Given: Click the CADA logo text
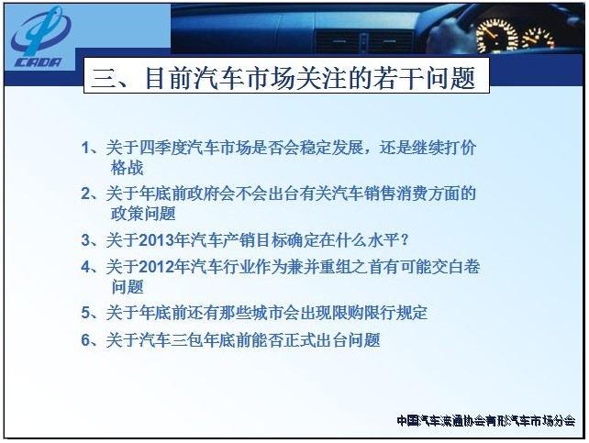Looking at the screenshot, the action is (38, 62).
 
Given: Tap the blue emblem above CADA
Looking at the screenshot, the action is (41, 31).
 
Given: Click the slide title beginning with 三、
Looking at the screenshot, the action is (283, 78).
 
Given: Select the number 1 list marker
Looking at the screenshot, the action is (85, 148).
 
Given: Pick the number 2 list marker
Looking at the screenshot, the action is (86, 194).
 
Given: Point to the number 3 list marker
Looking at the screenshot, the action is (86, 240).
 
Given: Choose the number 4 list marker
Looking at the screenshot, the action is (86, 267).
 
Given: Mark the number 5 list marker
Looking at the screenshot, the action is (86, 313).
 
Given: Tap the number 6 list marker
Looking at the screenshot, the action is (86, 340).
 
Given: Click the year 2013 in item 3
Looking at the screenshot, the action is (155, 240).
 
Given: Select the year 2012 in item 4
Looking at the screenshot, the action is (155, 267).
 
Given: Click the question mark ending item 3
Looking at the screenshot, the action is (405, 240).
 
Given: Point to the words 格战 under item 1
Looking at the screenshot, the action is (128, 168).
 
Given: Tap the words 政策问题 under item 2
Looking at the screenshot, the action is (143, 214).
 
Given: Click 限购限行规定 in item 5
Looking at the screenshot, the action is (380, 313).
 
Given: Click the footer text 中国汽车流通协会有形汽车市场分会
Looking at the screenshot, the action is (486, 421).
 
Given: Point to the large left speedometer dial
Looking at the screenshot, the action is (496, 36).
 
